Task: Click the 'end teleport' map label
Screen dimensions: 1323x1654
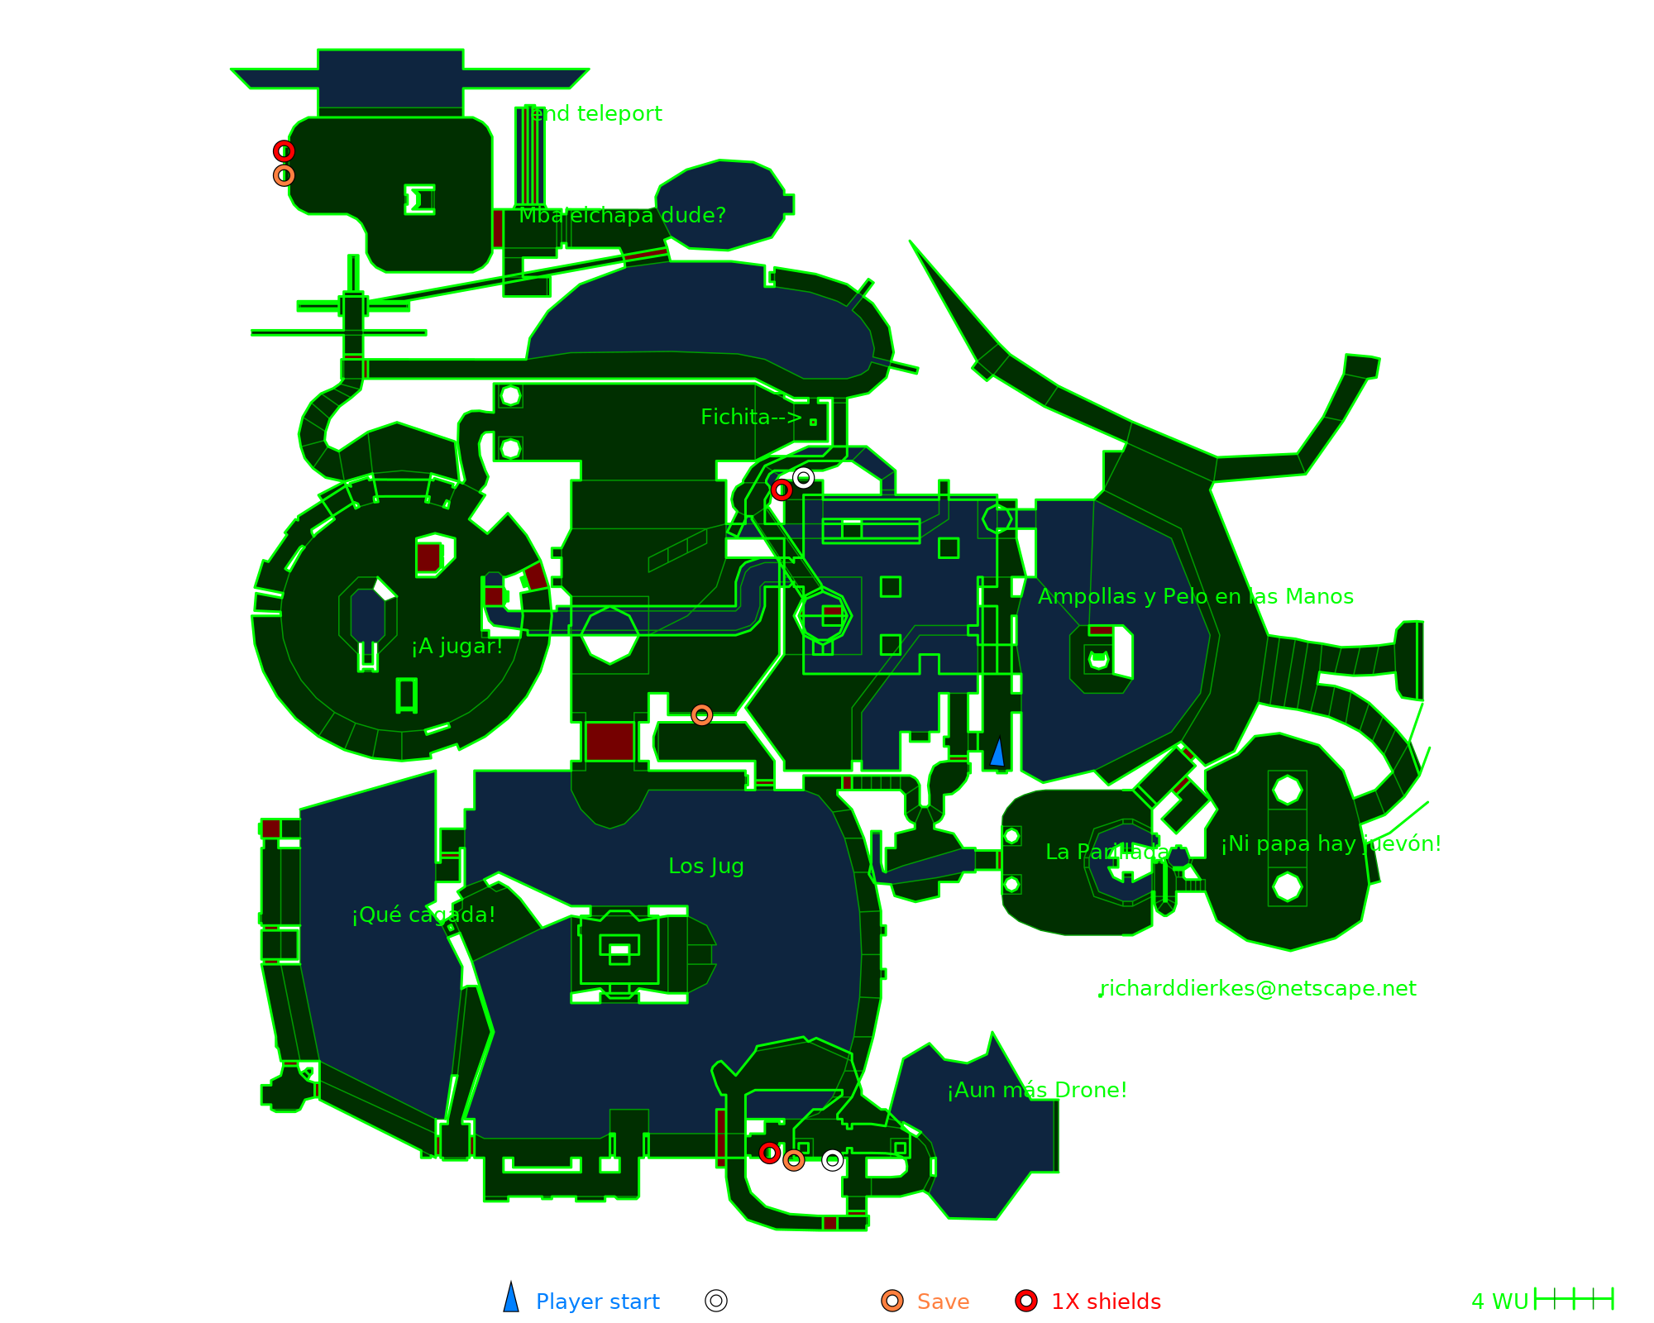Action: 595,113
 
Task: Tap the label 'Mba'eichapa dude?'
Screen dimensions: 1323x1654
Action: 622,215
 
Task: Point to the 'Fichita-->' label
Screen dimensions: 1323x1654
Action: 751,417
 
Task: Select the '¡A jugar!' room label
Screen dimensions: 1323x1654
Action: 457,646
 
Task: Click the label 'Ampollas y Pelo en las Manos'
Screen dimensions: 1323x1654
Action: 1195,596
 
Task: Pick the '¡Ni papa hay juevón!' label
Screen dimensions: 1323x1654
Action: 1331,843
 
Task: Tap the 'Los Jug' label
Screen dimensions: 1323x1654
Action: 705,866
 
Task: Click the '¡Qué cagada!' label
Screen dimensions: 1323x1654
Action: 423,915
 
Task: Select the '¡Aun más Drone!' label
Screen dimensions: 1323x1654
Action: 1037,1090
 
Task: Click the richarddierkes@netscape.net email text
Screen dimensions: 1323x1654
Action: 1257,988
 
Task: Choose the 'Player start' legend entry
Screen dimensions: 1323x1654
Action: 597,1302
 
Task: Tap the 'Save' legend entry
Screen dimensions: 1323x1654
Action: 942,1302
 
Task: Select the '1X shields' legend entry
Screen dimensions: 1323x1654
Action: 1105,1302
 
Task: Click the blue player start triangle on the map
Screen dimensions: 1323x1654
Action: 997,752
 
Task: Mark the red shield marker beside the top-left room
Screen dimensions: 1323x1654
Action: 284,151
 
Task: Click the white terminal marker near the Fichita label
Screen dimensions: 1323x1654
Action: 803,478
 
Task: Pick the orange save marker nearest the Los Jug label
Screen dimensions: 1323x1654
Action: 701,714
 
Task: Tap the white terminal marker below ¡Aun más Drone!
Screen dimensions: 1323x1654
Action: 832,1160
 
